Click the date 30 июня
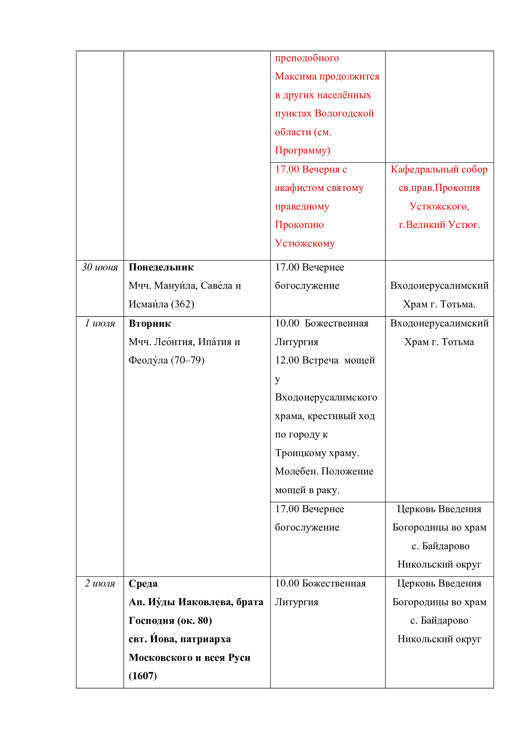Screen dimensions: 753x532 pyautogui.click(x=100, y=267)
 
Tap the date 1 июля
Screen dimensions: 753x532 pyautogui.click(x=100, y=323)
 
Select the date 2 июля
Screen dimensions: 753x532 pyautogui.click(x=100, y=583)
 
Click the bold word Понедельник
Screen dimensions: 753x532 pyautogui.click(x=161, y=267)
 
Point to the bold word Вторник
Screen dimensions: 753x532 pyautogui.click(x=150, y=323)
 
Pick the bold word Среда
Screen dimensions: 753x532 pyautogui.click(x=143, y=583)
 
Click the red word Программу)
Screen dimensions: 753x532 pyautogui.click(x=302, y=150)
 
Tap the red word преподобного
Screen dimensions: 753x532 pyautogui.click(x=307, y=58)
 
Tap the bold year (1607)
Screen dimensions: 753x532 pyautogui.click(x=143, y=676)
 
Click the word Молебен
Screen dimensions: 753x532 pyautogui.click(x=297, y=471)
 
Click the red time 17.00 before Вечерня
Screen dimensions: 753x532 pyautogui.click(x=287, y=169)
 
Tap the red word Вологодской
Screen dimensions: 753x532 pyautogui.click(x=344, y=113)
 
